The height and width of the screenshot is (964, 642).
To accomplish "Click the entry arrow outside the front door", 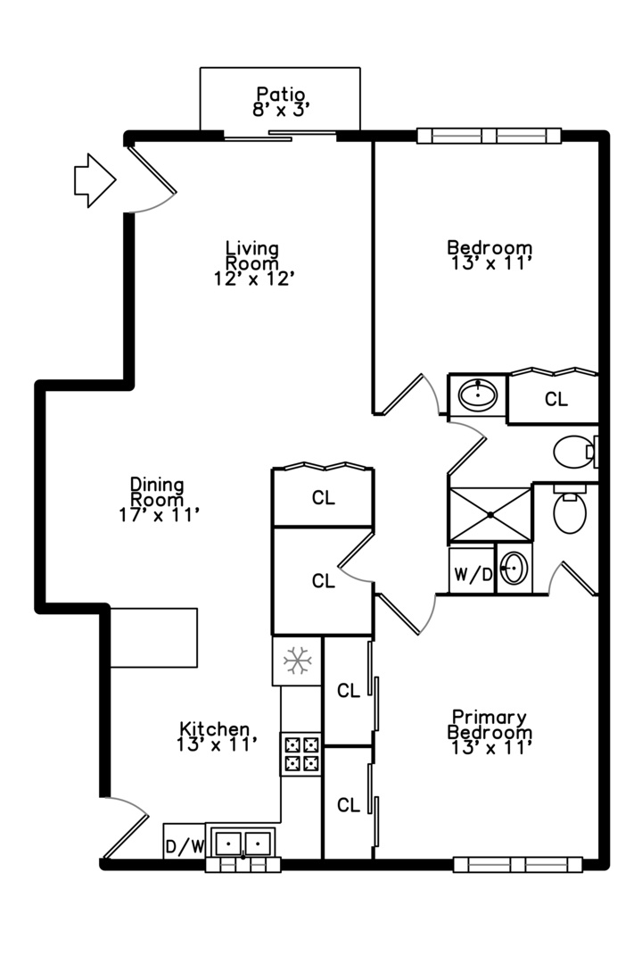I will (94, 180).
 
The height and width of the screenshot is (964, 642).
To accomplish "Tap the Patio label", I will (281, 94).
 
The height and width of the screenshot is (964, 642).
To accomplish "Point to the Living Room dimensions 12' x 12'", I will (253, 278).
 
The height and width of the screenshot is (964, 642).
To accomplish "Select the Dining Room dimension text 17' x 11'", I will (158, 514).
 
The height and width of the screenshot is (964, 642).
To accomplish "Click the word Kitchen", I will (214, 728).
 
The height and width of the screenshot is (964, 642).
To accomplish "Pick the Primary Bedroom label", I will (490, 725).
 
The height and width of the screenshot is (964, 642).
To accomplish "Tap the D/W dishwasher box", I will (185, 843).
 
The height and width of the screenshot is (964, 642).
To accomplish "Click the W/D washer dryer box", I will (473, 575).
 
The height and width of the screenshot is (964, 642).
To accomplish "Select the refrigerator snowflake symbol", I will (296, 661).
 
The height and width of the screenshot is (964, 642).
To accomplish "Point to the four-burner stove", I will (301, 753).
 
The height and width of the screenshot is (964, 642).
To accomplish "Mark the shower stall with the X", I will (490, 514).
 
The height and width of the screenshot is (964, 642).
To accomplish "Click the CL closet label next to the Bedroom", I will (556, 400).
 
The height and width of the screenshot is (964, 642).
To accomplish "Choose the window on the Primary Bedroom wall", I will (517, 864).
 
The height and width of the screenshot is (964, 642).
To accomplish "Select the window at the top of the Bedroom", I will (489, 137).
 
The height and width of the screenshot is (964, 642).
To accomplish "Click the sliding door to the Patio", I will (279, 136).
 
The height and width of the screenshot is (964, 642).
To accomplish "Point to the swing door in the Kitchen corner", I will (125, 826).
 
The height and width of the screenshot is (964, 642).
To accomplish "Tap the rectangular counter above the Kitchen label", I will (153, 637).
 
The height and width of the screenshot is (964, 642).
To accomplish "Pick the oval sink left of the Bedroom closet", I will (479, 394).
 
